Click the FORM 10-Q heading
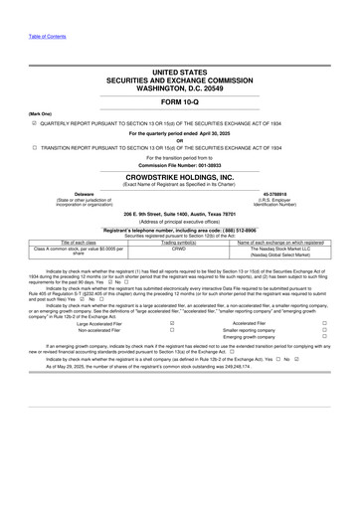[x=180, y=103]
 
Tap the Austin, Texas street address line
[x=180, y=215]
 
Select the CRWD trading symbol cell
[x=179, y=250]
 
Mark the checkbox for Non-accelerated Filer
[x=174, y=330]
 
